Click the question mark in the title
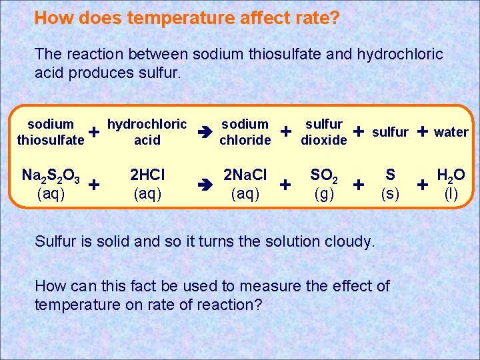coord(333,17)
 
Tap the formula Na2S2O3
coord(51,176)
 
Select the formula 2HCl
coord(147,175)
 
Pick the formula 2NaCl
coord(245,175)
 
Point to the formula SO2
coord(324,176)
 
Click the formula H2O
coord(451,176)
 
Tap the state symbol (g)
coord(324,194)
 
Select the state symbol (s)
coord(391,194)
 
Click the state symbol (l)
coord(451,194)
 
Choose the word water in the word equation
coord(451,132)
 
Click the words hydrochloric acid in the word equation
coord(147,132)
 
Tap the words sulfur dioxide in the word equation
coord(324,132)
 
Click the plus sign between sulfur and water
coord(422,131)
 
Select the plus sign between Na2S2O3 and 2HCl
coord(95,183)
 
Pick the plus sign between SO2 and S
coord(359,183)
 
